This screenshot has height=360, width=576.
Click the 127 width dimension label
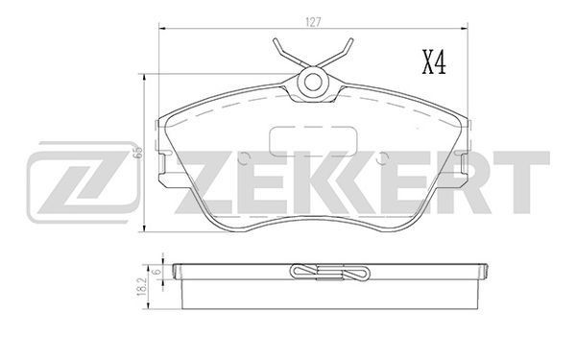(313, 22)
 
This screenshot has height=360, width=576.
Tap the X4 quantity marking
(434, 62)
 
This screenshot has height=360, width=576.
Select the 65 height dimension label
(139, 153)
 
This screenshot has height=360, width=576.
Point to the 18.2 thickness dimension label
(142, 287)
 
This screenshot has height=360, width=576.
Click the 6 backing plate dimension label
(156, 272)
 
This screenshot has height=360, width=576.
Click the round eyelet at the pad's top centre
(313, 82)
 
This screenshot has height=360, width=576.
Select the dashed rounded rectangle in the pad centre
(313, 141)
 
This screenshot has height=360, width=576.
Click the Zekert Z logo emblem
(83, 182)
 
